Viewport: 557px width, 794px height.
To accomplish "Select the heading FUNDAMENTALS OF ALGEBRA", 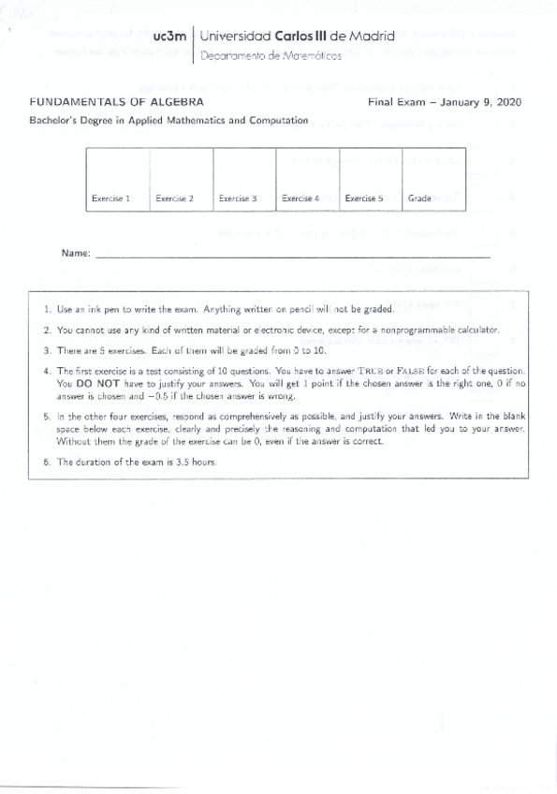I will click(x=118, y=101).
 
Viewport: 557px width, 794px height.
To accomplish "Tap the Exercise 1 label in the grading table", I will click(x=110, y=198).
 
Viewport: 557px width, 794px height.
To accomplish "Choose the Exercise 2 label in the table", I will click(x=174, y=198).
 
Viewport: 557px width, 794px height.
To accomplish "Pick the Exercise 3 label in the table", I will click(x=238, y=198).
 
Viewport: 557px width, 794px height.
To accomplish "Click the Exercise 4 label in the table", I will click(x=300, y=198).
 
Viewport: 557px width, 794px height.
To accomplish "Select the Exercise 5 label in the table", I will click(x=363, y=198).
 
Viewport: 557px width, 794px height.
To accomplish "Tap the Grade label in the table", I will click(x=419, y=198).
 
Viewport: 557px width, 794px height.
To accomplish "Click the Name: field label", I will click(x=75, y=254).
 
